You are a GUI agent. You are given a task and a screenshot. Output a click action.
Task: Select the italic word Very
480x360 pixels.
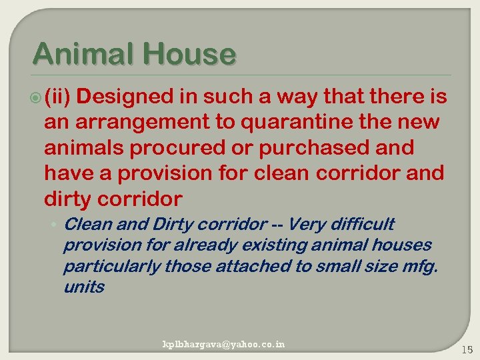click(307, 224)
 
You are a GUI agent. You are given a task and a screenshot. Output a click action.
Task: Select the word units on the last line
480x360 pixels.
click(84, 287)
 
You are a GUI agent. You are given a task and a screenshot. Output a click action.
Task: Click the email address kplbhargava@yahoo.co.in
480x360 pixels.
click(224, 344)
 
